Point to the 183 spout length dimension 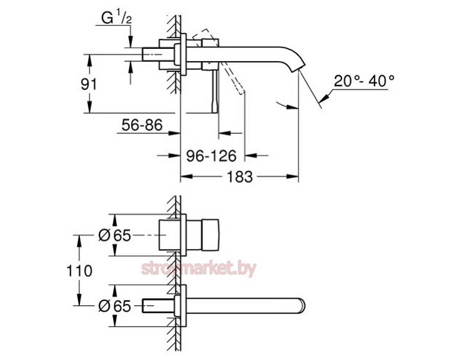pyautogui.click(x=238, y=176)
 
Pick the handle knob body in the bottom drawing pyautogui.click(x=205, y=235)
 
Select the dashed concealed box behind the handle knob pyautogui.click(x=168, y=235)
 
